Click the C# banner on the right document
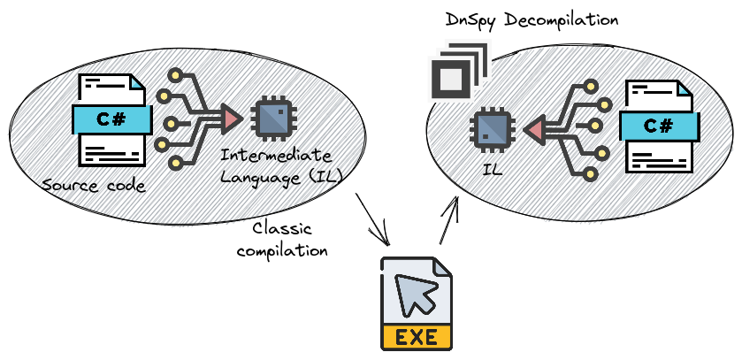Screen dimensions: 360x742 659,126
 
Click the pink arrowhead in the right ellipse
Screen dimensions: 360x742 532,131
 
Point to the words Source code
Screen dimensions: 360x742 93,186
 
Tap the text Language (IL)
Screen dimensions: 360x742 281,176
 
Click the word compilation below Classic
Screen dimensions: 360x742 282,250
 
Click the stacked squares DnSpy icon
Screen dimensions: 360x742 455,73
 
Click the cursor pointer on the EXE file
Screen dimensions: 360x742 413,292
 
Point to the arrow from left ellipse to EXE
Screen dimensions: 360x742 374,221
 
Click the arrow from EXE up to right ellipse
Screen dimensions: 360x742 448,221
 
